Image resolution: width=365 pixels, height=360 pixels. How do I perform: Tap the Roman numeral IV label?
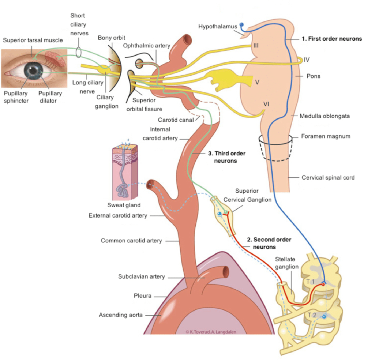tap(307, 59)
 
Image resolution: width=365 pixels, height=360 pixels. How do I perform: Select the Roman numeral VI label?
tap(266, 104)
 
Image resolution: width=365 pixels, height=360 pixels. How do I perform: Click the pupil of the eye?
tap(33, 70)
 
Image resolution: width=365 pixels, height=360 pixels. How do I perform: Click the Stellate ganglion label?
tap(287, 263)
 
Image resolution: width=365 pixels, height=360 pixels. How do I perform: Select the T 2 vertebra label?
tap(312, 315)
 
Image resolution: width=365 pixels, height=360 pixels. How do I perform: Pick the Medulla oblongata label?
tap(324, 116)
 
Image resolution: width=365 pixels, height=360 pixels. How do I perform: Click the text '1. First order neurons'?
tap(331, 39)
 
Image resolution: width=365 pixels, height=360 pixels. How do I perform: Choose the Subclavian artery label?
tap(142, 277)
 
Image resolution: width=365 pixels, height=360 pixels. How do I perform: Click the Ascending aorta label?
tap(120, 315)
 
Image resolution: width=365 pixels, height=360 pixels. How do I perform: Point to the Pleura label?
tap(143, 296)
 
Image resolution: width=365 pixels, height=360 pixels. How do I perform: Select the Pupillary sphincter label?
tap(16, 97)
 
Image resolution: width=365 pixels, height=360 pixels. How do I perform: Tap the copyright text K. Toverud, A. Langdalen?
tap(211, 331)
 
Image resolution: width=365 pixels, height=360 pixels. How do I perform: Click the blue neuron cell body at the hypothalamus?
tap(242, 25)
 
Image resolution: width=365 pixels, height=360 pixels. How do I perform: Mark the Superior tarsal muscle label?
tap(33, 40)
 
